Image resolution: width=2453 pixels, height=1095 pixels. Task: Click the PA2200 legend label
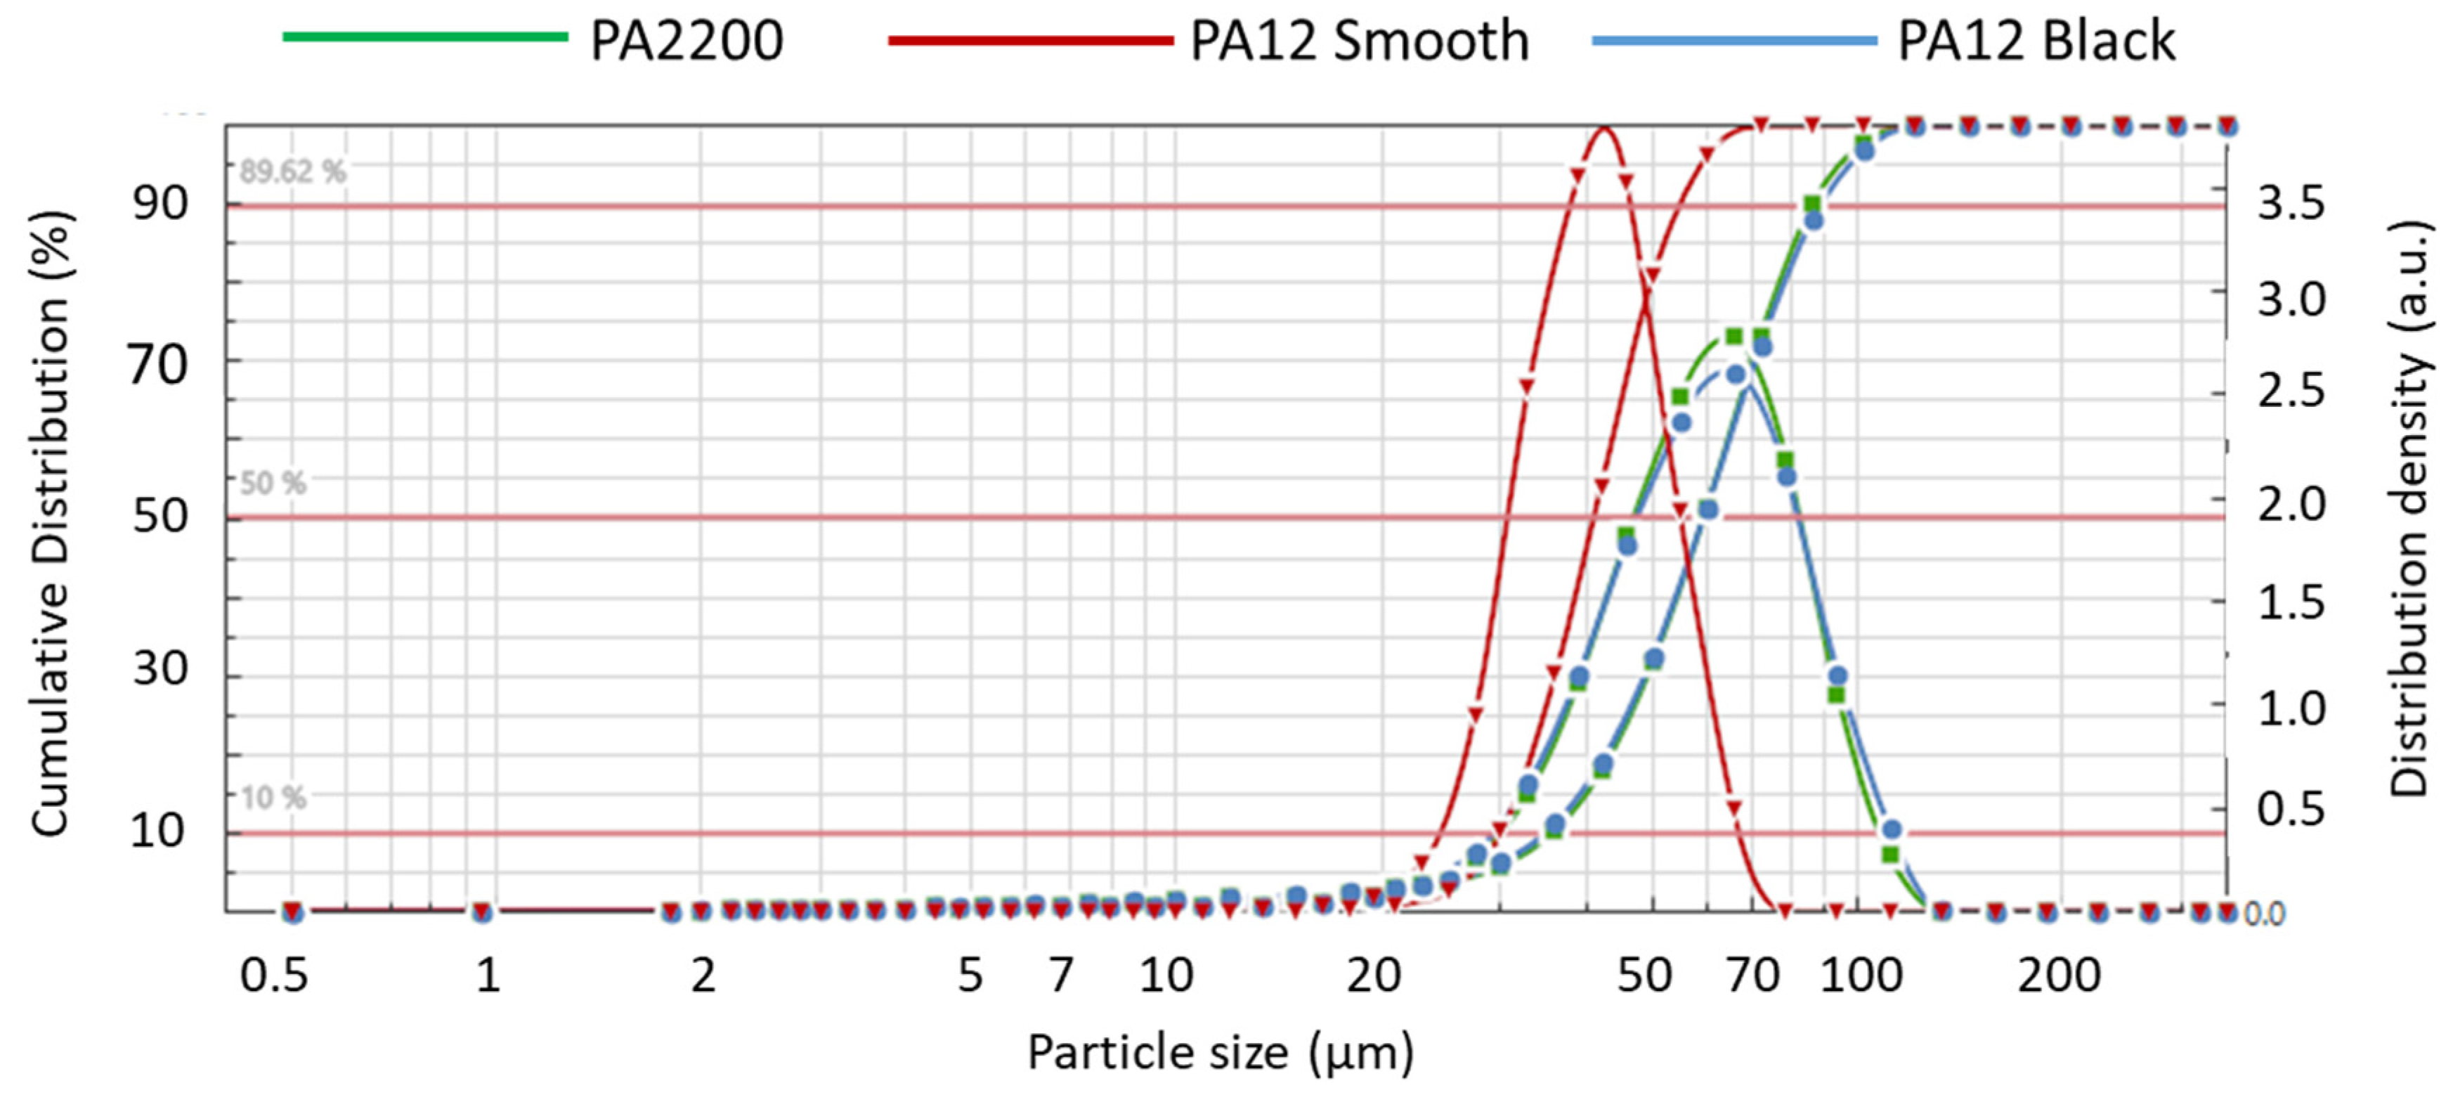[x=686, y=41]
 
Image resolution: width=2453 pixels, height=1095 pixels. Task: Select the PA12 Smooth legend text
[x=1359, y=41]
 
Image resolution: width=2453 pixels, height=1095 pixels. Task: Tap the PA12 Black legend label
[x=2036, y=41]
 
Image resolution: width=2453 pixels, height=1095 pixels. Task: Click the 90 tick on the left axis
[x=160, y=203]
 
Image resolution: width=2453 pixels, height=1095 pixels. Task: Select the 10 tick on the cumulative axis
[x=158, y=831]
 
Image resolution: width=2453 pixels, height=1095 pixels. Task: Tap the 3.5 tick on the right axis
[x=2290, y=203]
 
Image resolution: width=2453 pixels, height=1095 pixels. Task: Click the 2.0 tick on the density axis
[x=2290, y=505]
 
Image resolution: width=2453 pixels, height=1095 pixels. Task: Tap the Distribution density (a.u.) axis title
[x=2409, y=510]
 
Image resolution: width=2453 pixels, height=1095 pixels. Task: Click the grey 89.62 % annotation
[x=292, y=172]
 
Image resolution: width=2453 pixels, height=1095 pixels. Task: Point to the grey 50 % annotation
[x=273, y=484]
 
